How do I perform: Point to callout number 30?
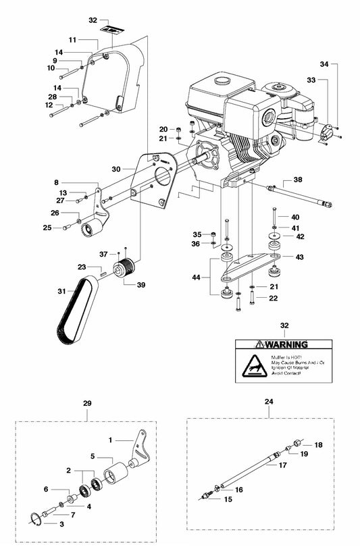[117, 169]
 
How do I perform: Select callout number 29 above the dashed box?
[86, 403]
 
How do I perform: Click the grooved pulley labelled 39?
[124, 269]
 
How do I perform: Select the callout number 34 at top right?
[325, 65]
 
